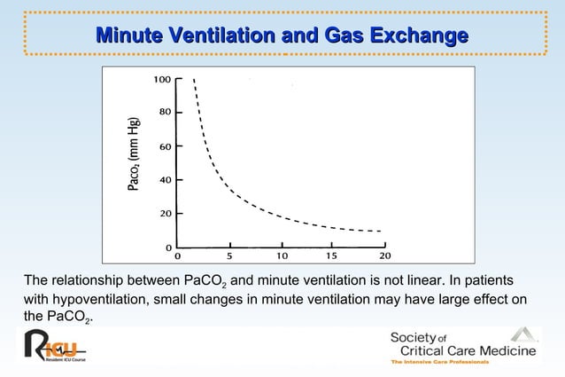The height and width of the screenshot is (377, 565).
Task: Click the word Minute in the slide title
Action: click(128, 36)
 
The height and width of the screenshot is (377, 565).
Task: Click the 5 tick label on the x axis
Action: click(229, 256)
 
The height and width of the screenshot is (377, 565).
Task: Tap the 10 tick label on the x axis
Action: click(282, 256)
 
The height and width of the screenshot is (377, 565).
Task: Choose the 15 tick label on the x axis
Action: click(333, 256)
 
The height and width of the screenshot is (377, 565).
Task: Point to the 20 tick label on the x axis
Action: click(385, 256)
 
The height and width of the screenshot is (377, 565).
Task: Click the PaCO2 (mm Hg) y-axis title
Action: click(134, 154)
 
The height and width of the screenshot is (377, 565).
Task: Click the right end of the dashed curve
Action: click(381, 232)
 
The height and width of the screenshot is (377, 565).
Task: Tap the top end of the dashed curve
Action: click(193, 80)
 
